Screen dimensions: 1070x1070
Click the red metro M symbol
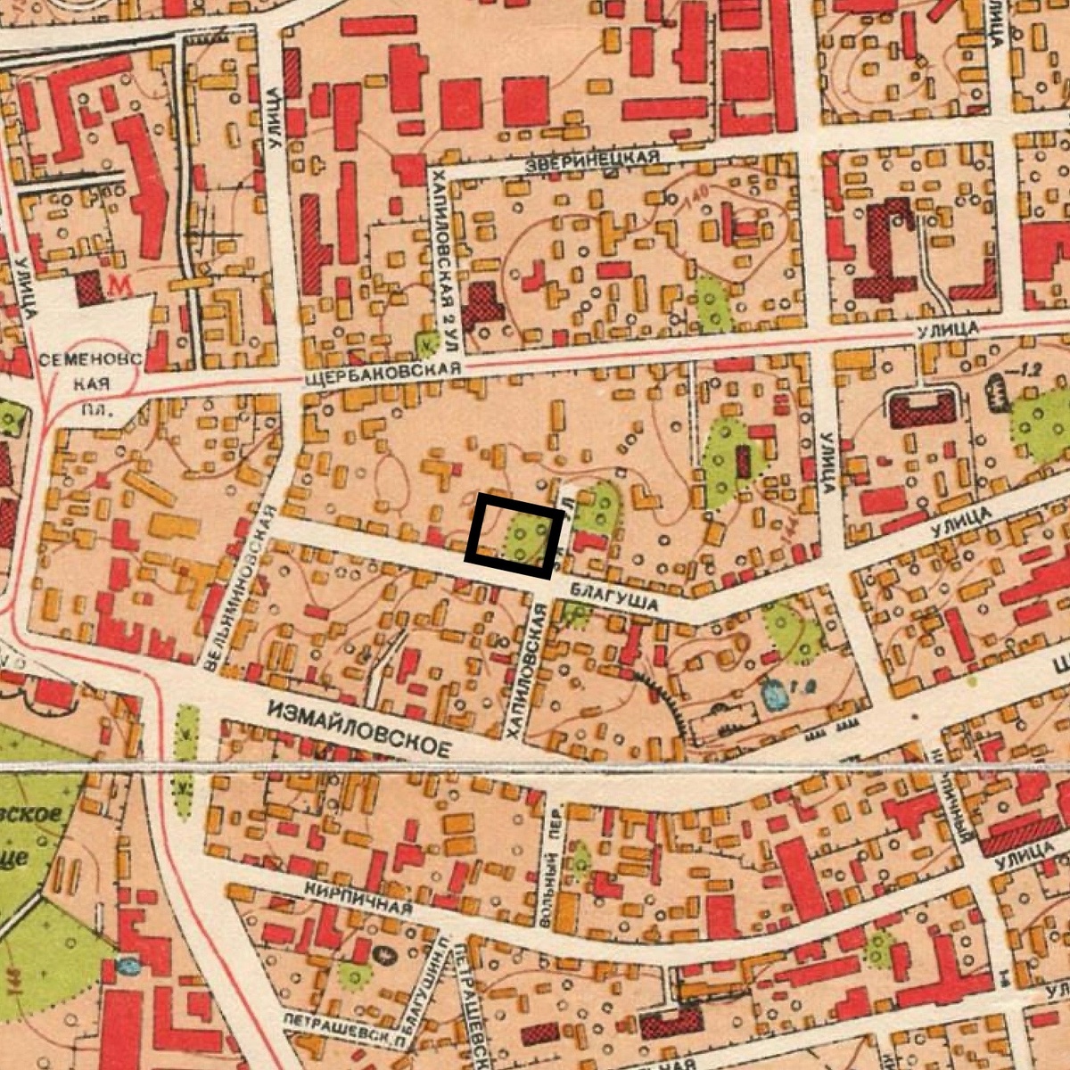(117, 285)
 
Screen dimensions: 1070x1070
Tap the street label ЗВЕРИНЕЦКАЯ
(592, 160)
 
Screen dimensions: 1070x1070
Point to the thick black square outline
(514, 536)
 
